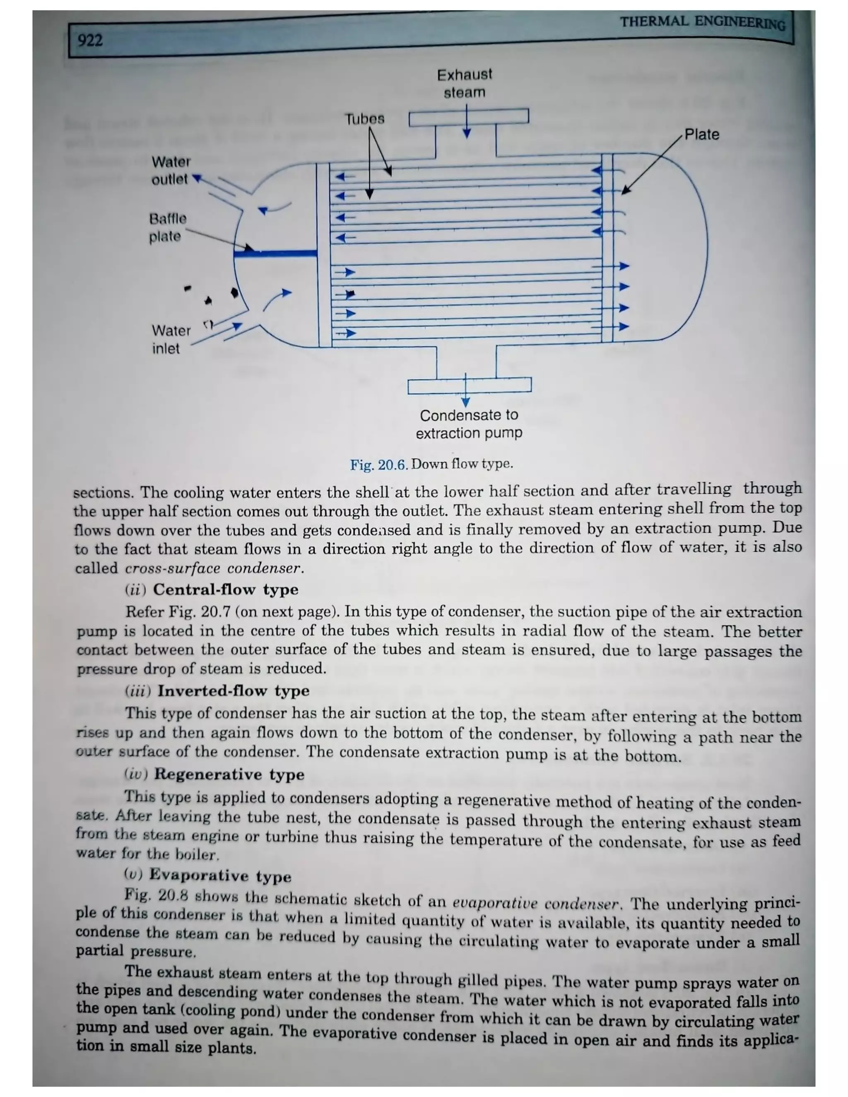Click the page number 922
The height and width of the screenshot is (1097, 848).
click(90, 40)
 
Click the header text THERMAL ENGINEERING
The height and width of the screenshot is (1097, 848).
click(702, 23)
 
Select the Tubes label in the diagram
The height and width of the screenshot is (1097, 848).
click(365, 119)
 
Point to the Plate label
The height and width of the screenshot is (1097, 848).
click(701, 135)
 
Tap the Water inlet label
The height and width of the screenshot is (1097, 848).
click(171, 339)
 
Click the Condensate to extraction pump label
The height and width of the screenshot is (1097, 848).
click(469, 424)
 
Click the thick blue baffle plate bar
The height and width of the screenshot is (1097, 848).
click(275, 254)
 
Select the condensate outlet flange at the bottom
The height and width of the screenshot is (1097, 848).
click(469, 386)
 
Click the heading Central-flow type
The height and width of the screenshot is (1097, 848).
click(225, 589)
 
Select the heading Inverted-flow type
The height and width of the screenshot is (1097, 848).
click(233, 691)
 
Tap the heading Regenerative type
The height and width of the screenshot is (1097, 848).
click(229, 774)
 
